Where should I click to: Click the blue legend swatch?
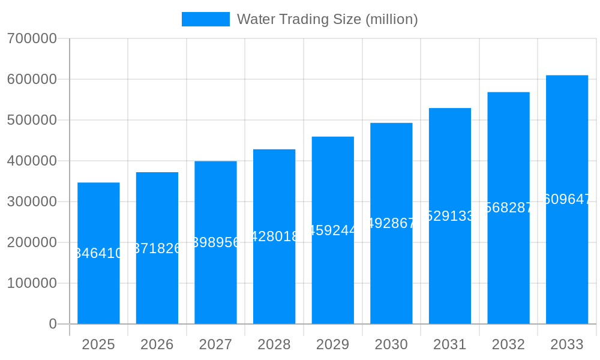(x=205, y=19)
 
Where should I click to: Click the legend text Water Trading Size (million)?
(x=327, y=19)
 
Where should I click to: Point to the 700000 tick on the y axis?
(x=32, y=38)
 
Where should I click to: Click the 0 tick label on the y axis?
(x=52, y=324)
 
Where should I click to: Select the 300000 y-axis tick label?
(x=32, y=202)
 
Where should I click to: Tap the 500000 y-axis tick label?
(x=32, y=120)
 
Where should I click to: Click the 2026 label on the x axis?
(x=157, y=344)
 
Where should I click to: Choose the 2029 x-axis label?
(x=332, y=344)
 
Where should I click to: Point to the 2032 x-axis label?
(x=508, y=344)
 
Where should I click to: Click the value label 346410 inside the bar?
(x=98, y=253)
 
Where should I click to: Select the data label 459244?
(x=332, y=230)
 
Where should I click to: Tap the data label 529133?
(x=450, y=216)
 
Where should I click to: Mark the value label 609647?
(x=567, y=199)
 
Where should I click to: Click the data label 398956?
(x=215, y=242)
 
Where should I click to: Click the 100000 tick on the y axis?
(x=32, y=283)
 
